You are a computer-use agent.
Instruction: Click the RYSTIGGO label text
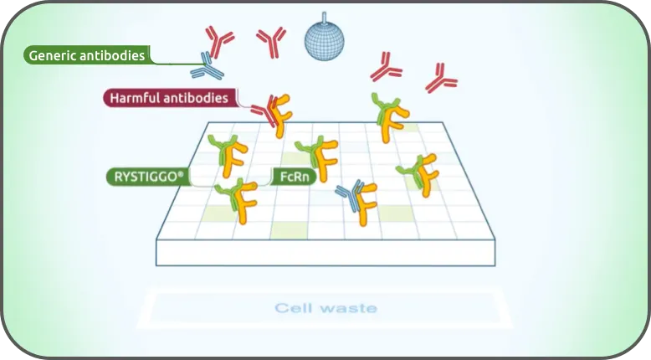point(146,177)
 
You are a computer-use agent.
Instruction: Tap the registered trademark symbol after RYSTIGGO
point(181,174)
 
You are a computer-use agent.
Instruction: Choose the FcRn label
point(295,177)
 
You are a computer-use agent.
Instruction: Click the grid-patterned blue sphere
point(325,41)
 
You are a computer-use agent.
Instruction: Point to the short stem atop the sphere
point(325,17)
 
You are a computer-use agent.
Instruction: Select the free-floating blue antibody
point(207,66)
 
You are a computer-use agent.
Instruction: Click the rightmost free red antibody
point(441,79)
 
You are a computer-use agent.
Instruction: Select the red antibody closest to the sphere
point(271,42)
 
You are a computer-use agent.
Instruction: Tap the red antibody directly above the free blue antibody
point(218,41)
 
